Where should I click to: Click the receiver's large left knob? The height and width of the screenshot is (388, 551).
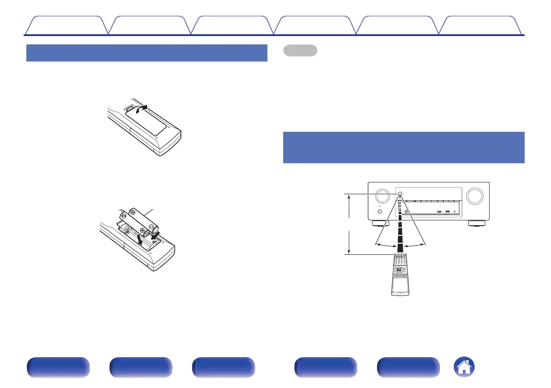coord(383,196)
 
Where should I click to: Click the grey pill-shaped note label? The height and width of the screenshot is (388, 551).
coord(300,50)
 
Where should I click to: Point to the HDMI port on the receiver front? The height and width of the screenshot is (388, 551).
coord(439,212)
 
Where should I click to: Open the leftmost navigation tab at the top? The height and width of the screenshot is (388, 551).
coord(66,25)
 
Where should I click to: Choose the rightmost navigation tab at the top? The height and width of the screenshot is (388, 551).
coord(482,25)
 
